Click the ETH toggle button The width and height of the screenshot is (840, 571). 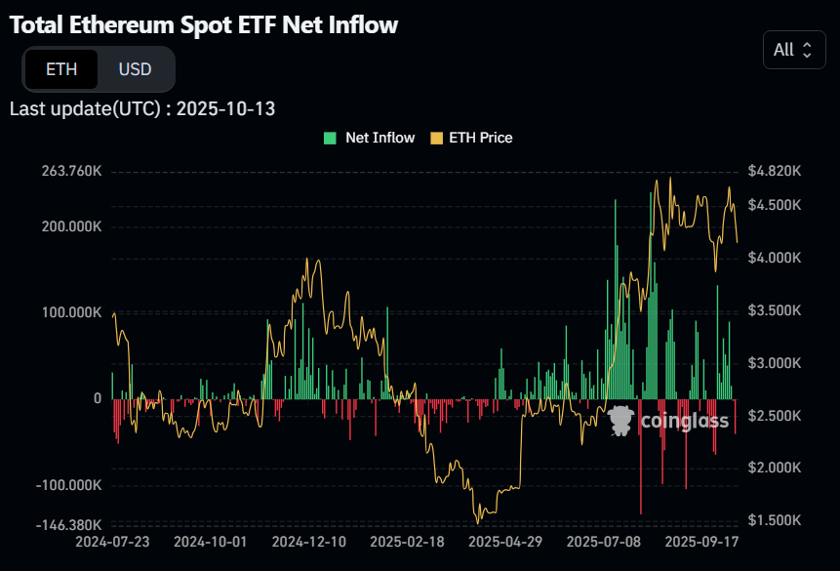coord(60,69)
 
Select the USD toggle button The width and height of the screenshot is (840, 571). coord(135,69)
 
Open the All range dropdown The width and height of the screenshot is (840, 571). coord(792,50)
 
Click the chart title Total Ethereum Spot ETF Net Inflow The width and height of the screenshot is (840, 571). coord(204,25)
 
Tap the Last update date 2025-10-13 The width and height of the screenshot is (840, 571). coord(225,108)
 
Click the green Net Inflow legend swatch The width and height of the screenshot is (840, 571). coord(330,138)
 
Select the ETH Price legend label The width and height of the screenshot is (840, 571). coord(480,138)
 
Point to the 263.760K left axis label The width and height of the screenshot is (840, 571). coord(71,171)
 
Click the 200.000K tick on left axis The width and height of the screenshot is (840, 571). coord(71,226)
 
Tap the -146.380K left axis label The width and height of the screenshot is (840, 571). coord(69,525)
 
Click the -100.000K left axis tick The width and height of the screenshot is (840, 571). coord(69,485)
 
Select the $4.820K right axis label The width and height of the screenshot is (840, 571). coord(774,171)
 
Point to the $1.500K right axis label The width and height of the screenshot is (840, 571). coord(774,520)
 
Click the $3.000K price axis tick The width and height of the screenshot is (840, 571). coord(774,363)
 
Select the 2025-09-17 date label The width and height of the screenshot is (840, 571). coord(700,540)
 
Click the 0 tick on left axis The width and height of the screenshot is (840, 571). coord(98,398)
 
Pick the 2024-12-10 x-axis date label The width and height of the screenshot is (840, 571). coord(308,540)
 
